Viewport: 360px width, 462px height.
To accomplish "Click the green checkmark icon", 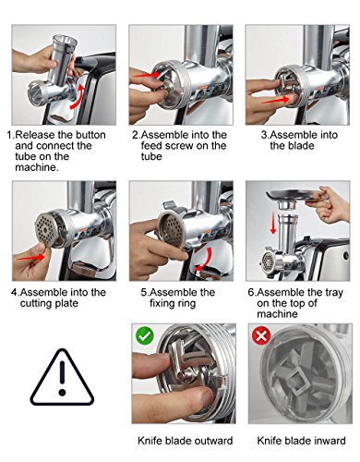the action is (145, 335).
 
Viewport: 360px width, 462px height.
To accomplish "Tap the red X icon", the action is (261, 335).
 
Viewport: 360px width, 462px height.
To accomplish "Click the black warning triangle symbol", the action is (62, 378).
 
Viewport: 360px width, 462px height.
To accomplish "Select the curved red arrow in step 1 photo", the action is (78, 97).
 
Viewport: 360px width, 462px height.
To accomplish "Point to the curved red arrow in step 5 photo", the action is (206, 260).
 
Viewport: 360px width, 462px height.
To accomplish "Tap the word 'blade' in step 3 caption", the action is (301, 146).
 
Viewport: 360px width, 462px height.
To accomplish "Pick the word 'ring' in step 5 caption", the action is (186, 304).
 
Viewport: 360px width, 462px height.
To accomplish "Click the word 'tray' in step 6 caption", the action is (334, 293).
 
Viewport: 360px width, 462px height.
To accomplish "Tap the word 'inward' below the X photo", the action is (330, 441).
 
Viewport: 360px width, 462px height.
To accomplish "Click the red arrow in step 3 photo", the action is (276, 101).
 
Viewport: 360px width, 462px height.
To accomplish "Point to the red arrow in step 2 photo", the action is (147, 75).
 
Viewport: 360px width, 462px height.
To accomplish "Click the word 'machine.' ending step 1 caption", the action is (37, 168).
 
